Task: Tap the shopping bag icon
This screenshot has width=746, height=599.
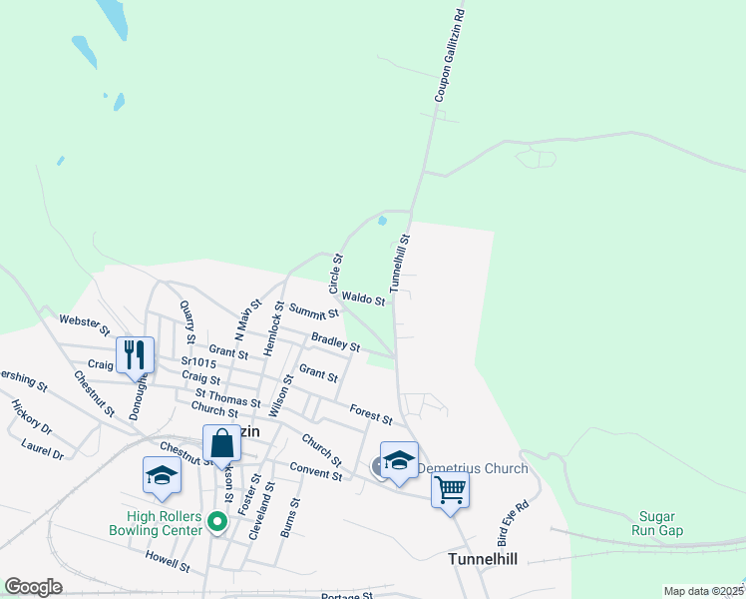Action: pos(220,442)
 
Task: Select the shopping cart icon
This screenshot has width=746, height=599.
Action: pos(450,490)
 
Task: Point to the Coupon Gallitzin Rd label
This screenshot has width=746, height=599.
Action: pos(450,56)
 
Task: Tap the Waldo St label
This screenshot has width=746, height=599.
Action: pos(363,299)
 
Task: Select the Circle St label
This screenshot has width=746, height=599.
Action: pos(336,273)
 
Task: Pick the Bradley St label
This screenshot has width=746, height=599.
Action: pos(335,341)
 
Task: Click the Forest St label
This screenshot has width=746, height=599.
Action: pos(371,414)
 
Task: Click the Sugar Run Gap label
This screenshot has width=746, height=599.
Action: pos(656,523)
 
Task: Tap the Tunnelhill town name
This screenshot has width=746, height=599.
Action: pos(482,559)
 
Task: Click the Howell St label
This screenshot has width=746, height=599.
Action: pos(167,560)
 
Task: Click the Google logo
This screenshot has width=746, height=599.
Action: pos(33,587)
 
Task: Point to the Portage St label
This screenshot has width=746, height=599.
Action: pos(347,596)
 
